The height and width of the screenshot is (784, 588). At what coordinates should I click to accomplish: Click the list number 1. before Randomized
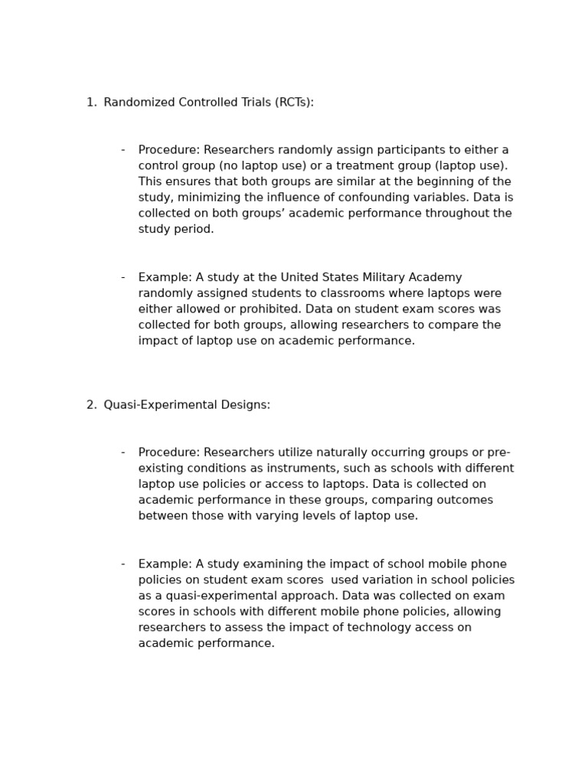tap(91, 103)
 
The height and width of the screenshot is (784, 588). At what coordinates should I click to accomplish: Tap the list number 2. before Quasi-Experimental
tap(91, 405)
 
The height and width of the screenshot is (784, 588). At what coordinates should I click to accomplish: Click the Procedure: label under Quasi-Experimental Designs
tap(168, 452)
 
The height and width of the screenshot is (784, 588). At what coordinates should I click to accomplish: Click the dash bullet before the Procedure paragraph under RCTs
tap(122, 150)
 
